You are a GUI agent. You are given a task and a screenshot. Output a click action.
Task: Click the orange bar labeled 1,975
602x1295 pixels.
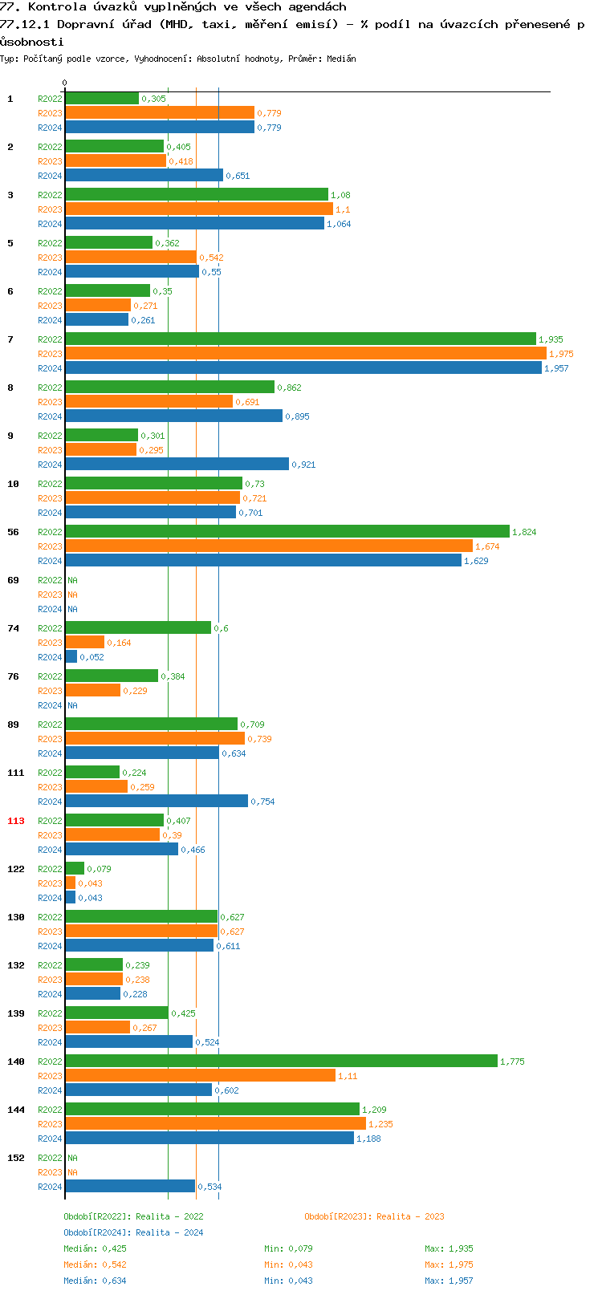point(305,354)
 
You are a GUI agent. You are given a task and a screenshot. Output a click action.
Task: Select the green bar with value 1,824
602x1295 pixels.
point(287,532)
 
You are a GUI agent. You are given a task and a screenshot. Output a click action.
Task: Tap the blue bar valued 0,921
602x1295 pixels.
point(177,465)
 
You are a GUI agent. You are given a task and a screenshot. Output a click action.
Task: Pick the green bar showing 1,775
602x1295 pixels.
point(281,1062)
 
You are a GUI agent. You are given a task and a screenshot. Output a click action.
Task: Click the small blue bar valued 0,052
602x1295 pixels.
point(71,657)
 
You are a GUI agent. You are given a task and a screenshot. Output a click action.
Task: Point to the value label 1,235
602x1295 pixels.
point(380,1124)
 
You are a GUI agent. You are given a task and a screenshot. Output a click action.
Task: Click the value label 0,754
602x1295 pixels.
point(262,802)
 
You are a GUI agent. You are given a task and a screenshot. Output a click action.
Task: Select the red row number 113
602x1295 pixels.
point(16,821)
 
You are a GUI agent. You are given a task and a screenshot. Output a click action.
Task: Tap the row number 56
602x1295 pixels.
point(13,532)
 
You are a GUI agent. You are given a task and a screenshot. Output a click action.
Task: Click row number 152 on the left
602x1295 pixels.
point(16,1158)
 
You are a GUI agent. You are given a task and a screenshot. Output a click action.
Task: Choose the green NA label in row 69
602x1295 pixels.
point(72,580)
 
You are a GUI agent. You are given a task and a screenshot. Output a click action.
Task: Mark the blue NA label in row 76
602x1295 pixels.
point(72,705)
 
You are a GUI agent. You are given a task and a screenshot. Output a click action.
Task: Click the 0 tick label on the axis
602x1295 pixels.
point(65,83)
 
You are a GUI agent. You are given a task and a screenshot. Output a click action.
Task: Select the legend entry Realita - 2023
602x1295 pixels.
point(374,1216)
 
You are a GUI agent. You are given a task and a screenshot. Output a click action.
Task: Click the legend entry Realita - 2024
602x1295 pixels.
point(133,1232)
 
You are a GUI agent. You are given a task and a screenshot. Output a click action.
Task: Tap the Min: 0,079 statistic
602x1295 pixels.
point(288,1248)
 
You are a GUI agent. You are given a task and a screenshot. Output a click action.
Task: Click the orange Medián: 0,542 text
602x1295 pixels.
point(95,1265)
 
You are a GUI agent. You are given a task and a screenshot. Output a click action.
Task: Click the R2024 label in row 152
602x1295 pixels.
point(50,1187)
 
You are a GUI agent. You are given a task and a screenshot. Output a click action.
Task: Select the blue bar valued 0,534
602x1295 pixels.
point(129,1187)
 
